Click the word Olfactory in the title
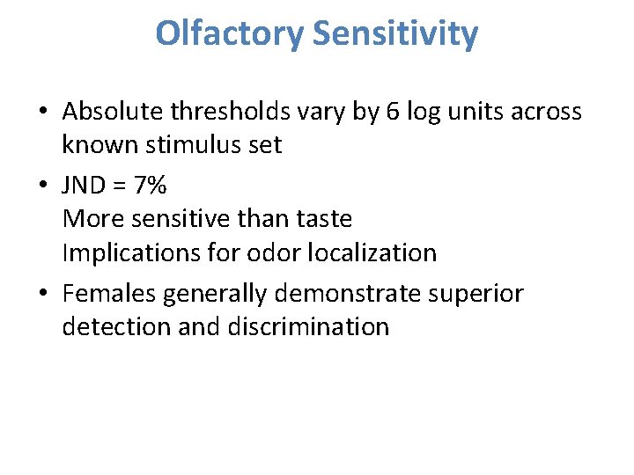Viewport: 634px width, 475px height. [230, 34]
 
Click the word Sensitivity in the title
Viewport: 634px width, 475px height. [395, 34]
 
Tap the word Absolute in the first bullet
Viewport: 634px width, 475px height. [112, 112]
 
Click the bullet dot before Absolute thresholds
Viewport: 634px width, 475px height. [42, 113]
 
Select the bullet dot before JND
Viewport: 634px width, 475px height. [42, 186]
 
